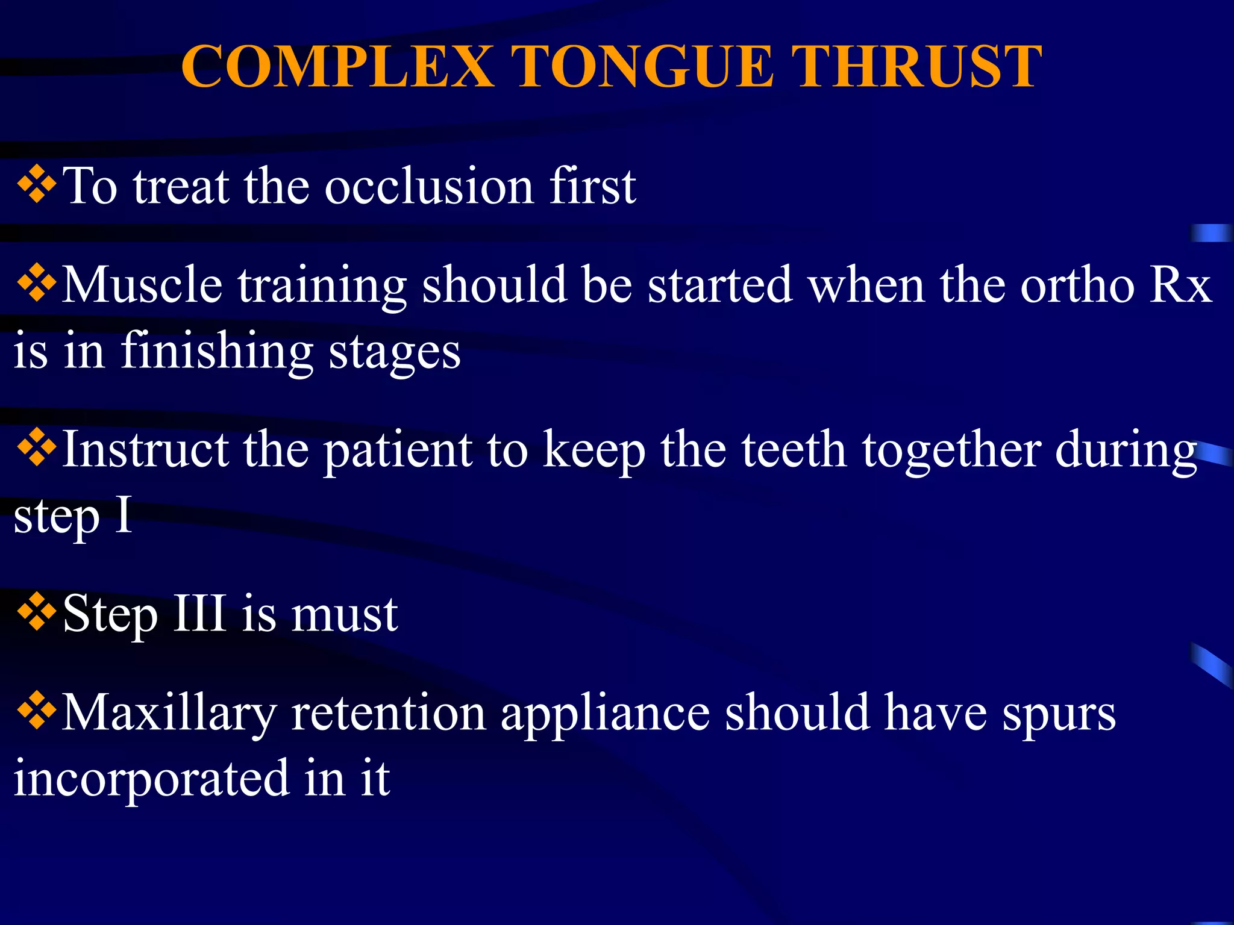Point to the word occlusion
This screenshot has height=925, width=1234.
tap(429, 187)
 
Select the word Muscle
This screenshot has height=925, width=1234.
tap(142, 285)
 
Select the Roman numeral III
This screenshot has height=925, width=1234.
tap(199, 614)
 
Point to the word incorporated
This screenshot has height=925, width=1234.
tap(151, 779)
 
